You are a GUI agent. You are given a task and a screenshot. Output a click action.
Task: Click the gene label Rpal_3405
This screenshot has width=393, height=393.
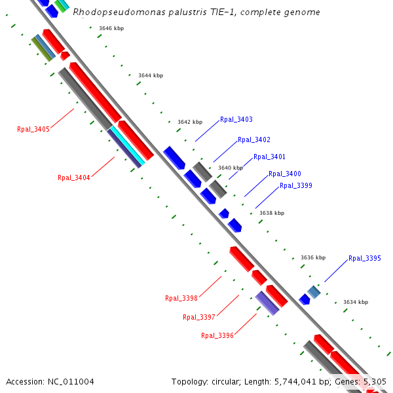point(33,129)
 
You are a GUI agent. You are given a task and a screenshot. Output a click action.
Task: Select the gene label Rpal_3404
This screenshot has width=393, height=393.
point(74,178)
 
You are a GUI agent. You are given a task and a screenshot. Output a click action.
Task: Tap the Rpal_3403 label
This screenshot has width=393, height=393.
point(236,119)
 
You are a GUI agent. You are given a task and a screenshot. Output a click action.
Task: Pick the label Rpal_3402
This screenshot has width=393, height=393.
point(254,140)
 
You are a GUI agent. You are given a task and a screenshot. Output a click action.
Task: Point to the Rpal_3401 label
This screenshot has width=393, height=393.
point(269,157)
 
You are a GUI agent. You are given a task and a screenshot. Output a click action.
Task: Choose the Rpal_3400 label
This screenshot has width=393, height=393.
point(285,174)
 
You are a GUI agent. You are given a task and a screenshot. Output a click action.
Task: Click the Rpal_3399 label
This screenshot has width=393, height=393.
point(296,185)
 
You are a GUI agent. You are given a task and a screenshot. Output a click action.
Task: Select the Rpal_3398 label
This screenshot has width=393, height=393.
point(181,298)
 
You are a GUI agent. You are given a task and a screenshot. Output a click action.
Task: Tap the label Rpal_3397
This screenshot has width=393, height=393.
point(199,317)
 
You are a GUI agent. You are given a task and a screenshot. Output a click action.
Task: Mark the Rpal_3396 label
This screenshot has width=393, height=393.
point(217,335)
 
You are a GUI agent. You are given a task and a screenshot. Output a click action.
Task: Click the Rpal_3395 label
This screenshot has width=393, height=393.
point(365,258)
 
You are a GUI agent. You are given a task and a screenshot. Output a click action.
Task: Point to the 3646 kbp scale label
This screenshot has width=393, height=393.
point(111,28)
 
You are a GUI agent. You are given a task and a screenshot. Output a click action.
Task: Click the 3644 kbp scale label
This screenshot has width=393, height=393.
point(151,75)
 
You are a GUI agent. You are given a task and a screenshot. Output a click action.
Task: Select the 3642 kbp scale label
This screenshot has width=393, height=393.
point(190,122)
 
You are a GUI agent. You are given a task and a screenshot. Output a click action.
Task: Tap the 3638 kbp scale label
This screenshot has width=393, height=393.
point(272,213)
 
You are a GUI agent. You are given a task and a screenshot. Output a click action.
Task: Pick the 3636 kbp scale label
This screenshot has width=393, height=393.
point(313,257)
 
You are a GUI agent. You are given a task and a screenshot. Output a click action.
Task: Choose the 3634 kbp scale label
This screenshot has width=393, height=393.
point(356,302)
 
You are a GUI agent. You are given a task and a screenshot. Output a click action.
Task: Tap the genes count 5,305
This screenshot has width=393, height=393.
point(373,381)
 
